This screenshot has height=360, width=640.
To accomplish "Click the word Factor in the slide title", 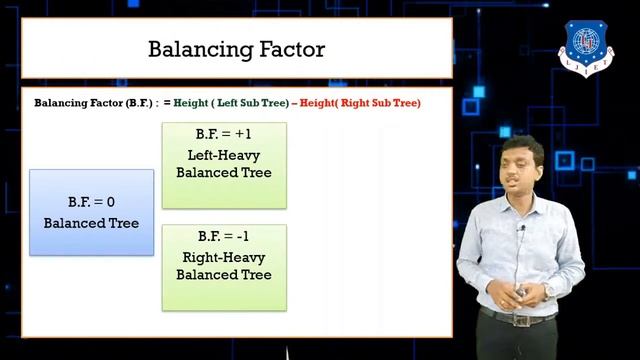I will (x=289, y=49).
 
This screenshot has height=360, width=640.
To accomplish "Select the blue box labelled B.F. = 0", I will (x=91, y=211).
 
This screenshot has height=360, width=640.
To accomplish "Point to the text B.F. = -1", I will (x=224, y=237).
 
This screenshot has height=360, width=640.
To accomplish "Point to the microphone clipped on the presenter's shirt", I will (x=521, y=229).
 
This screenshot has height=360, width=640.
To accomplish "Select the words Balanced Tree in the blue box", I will (x=91, y=222).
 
